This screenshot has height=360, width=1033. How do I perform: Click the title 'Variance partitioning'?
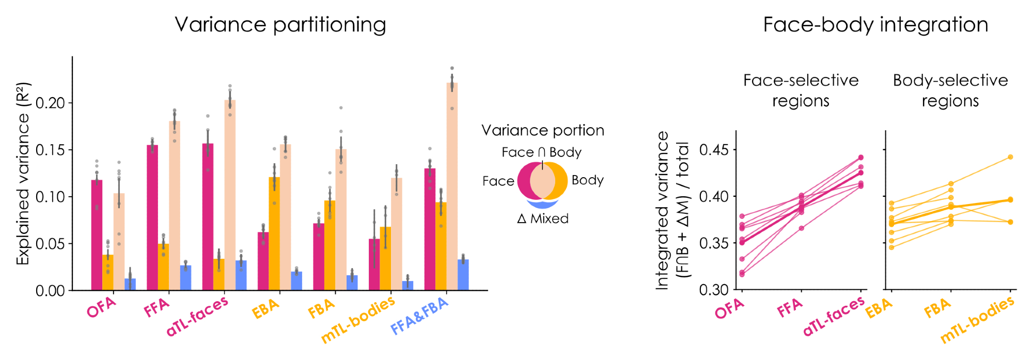[280, 24]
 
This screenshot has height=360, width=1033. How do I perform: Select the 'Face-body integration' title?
[875, 24]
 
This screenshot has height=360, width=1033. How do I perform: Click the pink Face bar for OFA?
[97, 235]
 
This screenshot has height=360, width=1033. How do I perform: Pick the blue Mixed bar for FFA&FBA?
[463, 275]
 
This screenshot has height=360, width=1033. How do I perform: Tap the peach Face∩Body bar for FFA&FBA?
[452, 186]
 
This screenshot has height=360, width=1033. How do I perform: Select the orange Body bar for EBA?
[274, 233]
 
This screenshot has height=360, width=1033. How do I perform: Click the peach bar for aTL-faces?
[230, 195]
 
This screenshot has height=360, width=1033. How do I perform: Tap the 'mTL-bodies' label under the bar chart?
[358, 320]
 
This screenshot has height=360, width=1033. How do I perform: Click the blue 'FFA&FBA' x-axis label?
[419, 316]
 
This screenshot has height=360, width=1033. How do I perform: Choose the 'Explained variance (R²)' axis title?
[23, 174]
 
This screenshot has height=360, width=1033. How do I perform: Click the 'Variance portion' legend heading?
[543, 130]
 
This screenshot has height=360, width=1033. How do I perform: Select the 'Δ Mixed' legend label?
[543, 218]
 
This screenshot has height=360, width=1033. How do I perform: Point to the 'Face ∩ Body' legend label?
[541, 152]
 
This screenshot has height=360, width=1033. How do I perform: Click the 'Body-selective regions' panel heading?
[950, 90]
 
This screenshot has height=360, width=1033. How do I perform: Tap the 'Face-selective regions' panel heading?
[801, 90]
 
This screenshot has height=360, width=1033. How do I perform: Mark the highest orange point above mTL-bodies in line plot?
[1010, 157]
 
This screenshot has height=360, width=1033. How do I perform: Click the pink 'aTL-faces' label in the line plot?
[834, 317]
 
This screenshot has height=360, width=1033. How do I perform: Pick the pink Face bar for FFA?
[152, 217]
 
